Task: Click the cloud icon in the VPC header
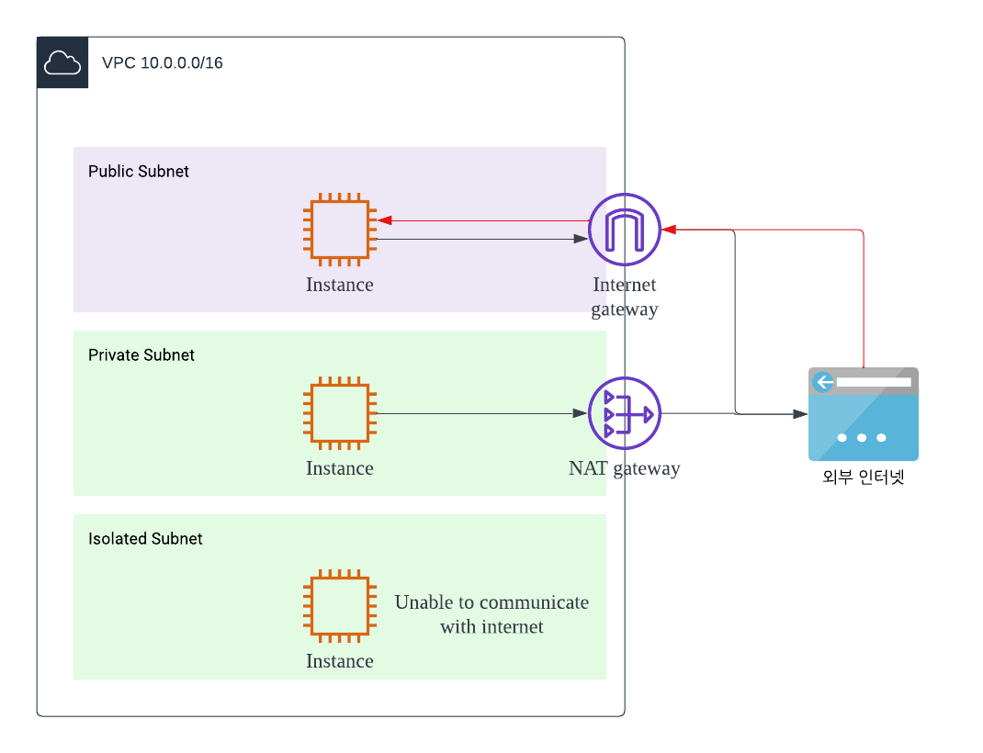[x=62, y=62]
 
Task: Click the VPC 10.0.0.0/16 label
[x=162, y=63]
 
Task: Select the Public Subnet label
[x=139, y=172]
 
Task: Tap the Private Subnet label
[x=141, y=355]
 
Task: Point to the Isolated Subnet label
[x=145, y=539]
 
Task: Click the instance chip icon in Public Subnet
[x=340, y=230]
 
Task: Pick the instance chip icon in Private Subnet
[x=340, y=413]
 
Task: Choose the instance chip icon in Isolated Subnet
[x=340, y=606]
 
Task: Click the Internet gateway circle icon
[x=625, y=230]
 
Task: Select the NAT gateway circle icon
[x=625, y=413]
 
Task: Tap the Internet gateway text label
[x=625, y=297]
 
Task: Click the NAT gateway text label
[x=625, y=468]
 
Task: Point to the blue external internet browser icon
[x=864, y=414]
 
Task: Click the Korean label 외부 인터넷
[x=864, y=478]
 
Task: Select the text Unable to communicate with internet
[x=491, y=614]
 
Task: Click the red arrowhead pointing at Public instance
[x=385, y=220]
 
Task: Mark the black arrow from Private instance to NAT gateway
[x=478, y=413]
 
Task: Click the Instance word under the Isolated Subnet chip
[x=340, y=661]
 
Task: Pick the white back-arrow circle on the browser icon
[x=823, y=382]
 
